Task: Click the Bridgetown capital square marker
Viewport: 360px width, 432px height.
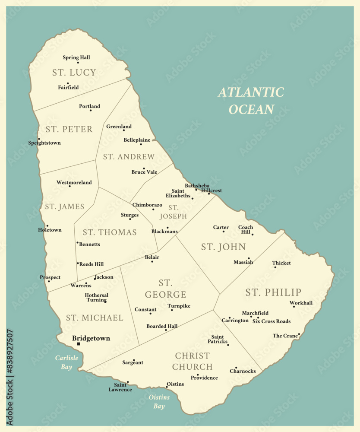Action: (79, 344)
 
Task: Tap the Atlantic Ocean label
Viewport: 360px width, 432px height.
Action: (251, 101)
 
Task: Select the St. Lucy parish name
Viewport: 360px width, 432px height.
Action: (74, 73)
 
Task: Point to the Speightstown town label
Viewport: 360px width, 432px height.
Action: (44, 143)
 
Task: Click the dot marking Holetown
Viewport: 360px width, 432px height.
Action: (47, 226)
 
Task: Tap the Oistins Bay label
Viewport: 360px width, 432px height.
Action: (159, 401)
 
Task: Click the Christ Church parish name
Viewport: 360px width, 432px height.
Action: (193, 361)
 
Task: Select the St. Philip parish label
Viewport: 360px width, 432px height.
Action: (273, 292)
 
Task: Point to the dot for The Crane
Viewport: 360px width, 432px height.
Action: (299, 334)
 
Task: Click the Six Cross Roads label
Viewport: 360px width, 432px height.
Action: (272, 321)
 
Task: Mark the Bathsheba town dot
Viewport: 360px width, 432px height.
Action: (196, 190)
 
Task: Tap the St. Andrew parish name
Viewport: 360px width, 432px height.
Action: (129, 157)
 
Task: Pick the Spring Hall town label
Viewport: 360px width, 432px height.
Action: (76, 57)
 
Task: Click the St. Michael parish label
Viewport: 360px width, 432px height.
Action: (95, 318)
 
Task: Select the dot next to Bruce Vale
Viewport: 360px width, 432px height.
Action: (144, 168)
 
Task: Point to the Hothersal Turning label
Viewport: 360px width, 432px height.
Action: (97, 297)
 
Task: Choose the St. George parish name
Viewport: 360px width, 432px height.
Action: (166, 289)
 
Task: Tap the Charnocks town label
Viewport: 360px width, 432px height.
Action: (243, 371)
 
